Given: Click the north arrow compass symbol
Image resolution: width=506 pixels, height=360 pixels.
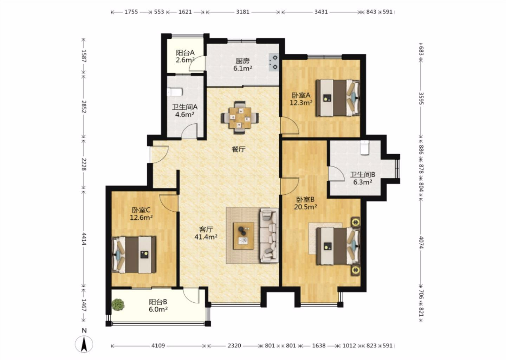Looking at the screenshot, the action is (84, 344).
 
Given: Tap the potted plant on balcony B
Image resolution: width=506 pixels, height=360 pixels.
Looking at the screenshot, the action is (118, 304).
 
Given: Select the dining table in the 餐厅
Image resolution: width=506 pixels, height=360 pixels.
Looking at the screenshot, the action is (240, 117).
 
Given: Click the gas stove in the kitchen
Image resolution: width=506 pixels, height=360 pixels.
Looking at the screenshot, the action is (274, 62).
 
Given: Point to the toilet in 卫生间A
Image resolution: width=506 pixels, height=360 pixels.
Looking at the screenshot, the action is (174, 92).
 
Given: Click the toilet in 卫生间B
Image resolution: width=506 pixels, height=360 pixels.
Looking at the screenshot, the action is (364, 148).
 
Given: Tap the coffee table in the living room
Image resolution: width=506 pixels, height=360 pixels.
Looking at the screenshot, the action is (244, 236).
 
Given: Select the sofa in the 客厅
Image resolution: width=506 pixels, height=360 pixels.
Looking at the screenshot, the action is (269, 235).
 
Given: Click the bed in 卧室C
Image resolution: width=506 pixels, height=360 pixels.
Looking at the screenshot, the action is (134, 255).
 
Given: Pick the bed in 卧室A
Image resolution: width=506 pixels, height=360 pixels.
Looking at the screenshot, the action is (338, 98).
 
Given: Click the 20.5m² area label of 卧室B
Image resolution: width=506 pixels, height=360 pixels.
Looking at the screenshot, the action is (305, 207).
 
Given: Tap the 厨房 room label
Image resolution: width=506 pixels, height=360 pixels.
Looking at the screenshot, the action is (242, 61).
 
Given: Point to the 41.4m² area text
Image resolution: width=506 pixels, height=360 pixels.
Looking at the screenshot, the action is (206, 237).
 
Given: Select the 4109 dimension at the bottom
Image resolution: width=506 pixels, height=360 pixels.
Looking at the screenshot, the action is (158, 346).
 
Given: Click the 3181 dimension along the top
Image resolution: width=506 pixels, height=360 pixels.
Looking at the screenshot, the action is (242, 12).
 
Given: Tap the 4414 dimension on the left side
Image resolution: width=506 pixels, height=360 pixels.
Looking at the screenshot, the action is (84, 239).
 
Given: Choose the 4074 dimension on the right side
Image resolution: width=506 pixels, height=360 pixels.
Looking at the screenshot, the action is (421, 242).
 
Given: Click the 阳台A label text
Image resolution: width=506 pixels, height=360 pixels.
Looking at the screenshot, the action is (185, 53).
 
